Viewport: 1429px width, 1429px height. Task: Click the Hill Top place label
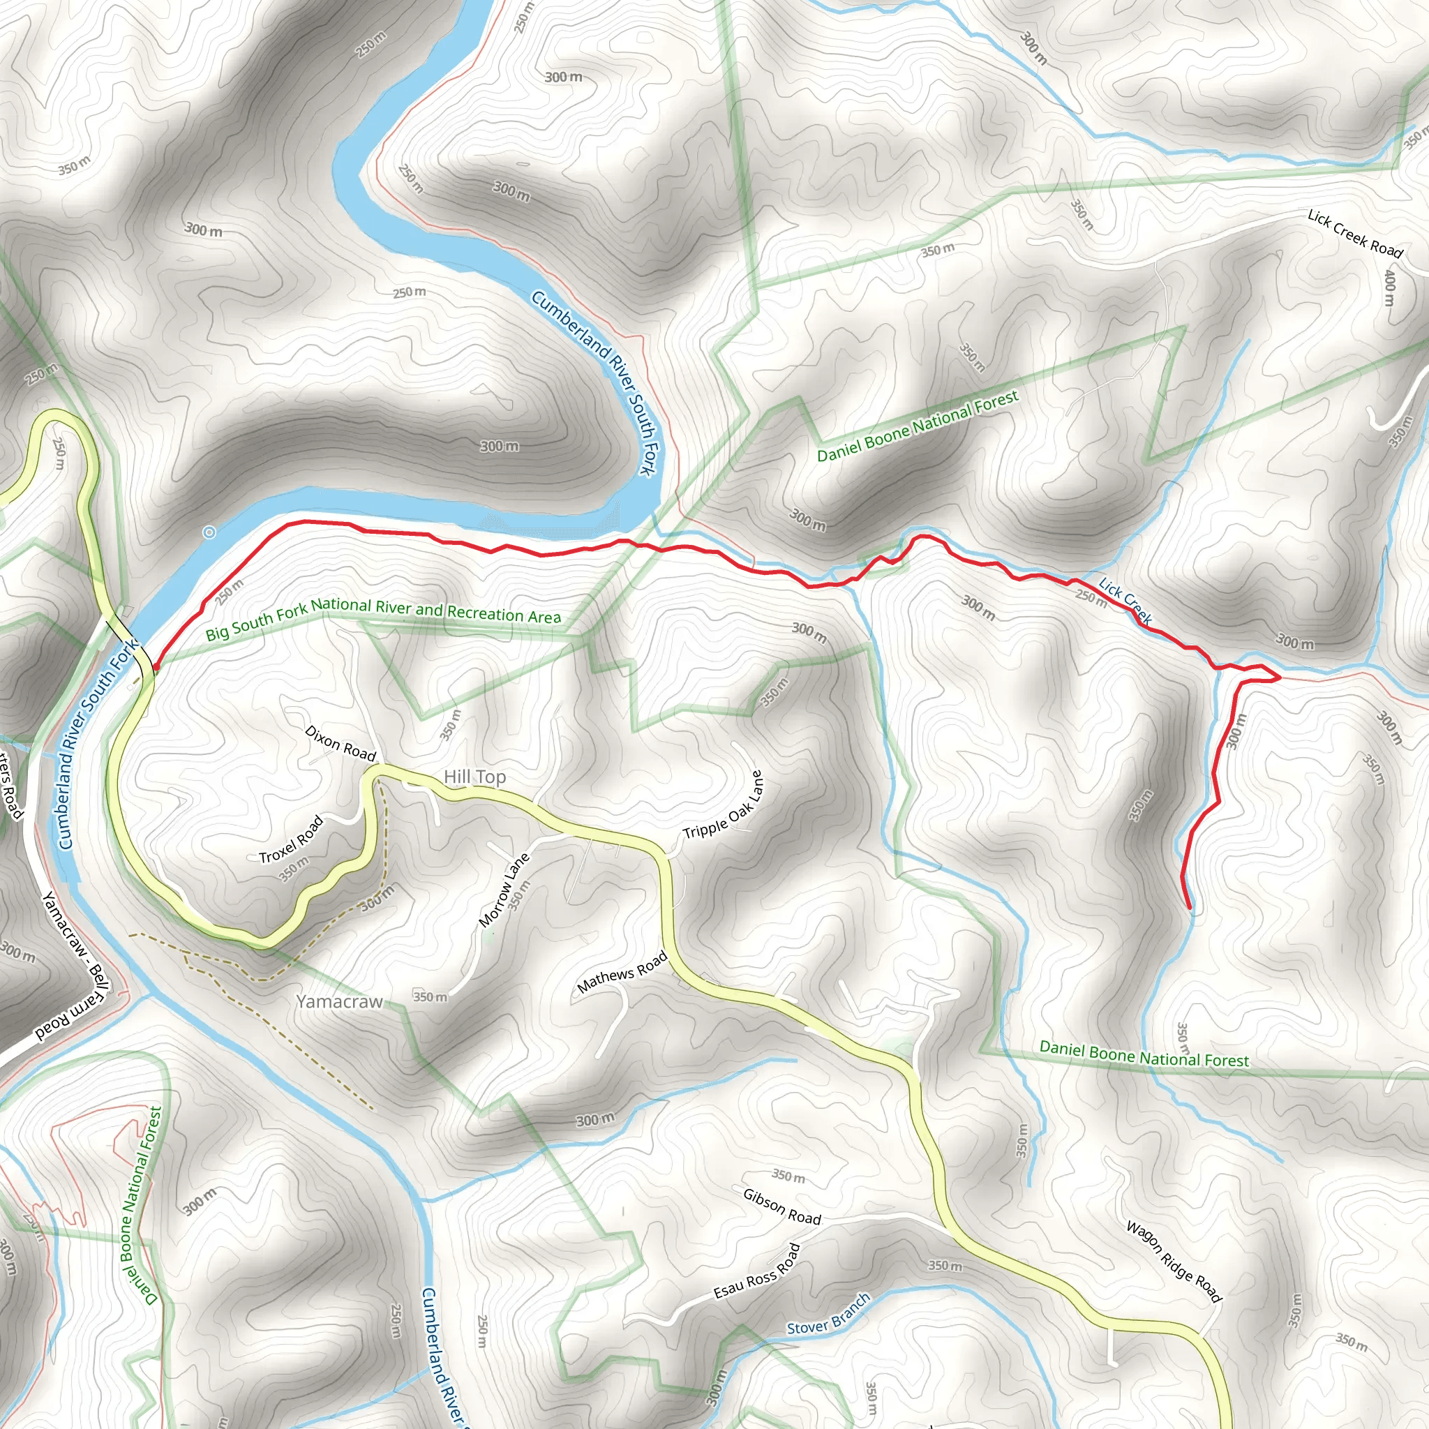[x=475, y=777]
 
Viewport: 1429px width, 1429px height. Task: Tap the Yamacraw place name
[x=340, y=1001]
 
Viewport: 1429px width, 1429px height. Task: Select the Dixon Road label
[x=341, y=742]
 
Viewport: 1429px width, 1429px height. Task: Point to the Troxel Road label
[x=292, y=839]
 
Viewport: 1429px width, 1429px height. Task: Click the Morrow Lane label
[x=504, y=890]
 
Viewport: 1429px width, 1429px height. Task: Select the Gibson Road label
[x=781, y=1206]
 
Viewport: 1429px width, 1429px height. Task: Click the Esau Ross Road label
[x=756, y=1271]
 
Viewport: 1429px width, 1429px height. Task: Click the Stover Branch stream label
[x=828, y=1315]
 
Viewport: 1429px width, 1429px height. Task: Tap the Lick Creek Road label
[x=1355, y=234]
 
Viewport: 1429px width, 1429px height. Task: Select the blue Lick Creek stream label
[x=1125, y=601]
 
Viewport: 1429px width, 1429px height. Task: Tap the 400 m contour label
[x=1390, y=287]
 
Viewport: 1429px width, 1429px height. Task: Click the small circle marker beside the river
[x=209, y=532]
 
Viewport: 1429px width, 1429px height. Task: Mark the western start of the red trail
[x=156, y=668]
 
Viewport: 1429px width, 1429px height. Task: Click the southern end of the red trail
[x=1190, y=907]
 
